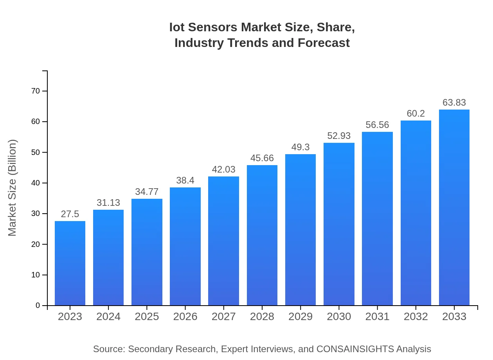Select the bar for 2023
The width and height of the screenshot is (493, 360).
click(70, 263)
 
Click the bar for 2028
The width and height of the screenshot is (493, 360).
click(262, 235)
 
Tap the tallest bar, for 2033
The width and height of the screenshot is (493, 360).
click(454, 207)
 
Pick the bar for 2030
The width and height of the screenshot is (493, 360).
click(339, 224)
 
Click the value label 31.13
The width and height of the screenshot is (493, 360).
click(108, 203)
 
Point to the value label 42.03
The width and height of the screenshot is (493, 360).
click(224, 169)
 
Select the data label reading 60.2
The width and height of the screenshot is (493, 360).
click(416, 113)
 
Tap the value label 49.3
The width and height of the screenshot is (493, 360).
click(300, 147)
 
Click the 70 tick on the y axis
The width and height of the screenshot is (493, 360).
click(36, 91)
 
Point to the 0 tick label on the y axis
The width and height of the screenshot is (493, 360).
click(38, 306)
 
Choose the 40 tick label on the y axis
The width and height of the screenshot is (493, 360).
click(36, 183)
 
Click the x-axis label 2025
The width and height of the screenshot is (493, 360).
click(147, 317)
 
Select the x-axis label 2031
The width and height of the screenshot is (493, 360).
click(378, 317)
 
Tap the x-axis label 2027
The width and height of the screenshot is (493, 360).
click(224, 317)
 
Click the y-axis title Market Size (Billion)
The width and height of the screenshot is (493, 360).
click(13, 188)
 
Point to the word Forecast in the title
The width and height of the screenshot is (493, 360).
click(324, 43)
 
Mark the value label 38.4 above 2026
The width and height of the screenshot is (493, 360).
click(185, 180)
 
